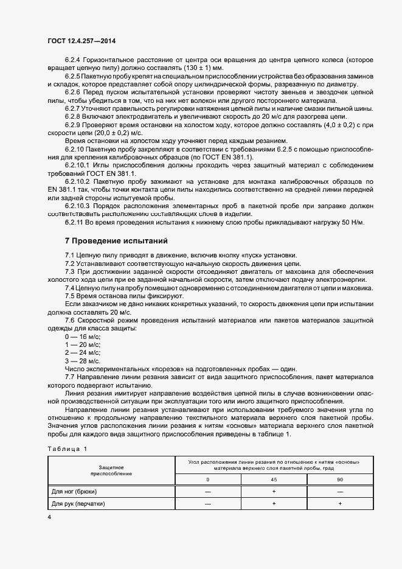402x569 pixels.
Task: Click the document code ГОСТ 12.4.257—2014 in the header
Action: pos(81,41)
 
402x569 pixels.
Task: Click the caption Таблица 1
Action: pos(67,449)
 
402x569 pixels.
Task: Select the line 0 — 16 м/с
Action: pos(83,337)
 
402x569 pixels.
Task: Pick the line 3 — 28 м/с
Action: pos(83,360)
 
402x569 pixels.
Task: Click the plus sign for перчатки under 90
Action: pos(340,504)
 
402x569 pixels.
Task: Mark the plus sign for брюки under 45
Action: pos(274,492)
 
